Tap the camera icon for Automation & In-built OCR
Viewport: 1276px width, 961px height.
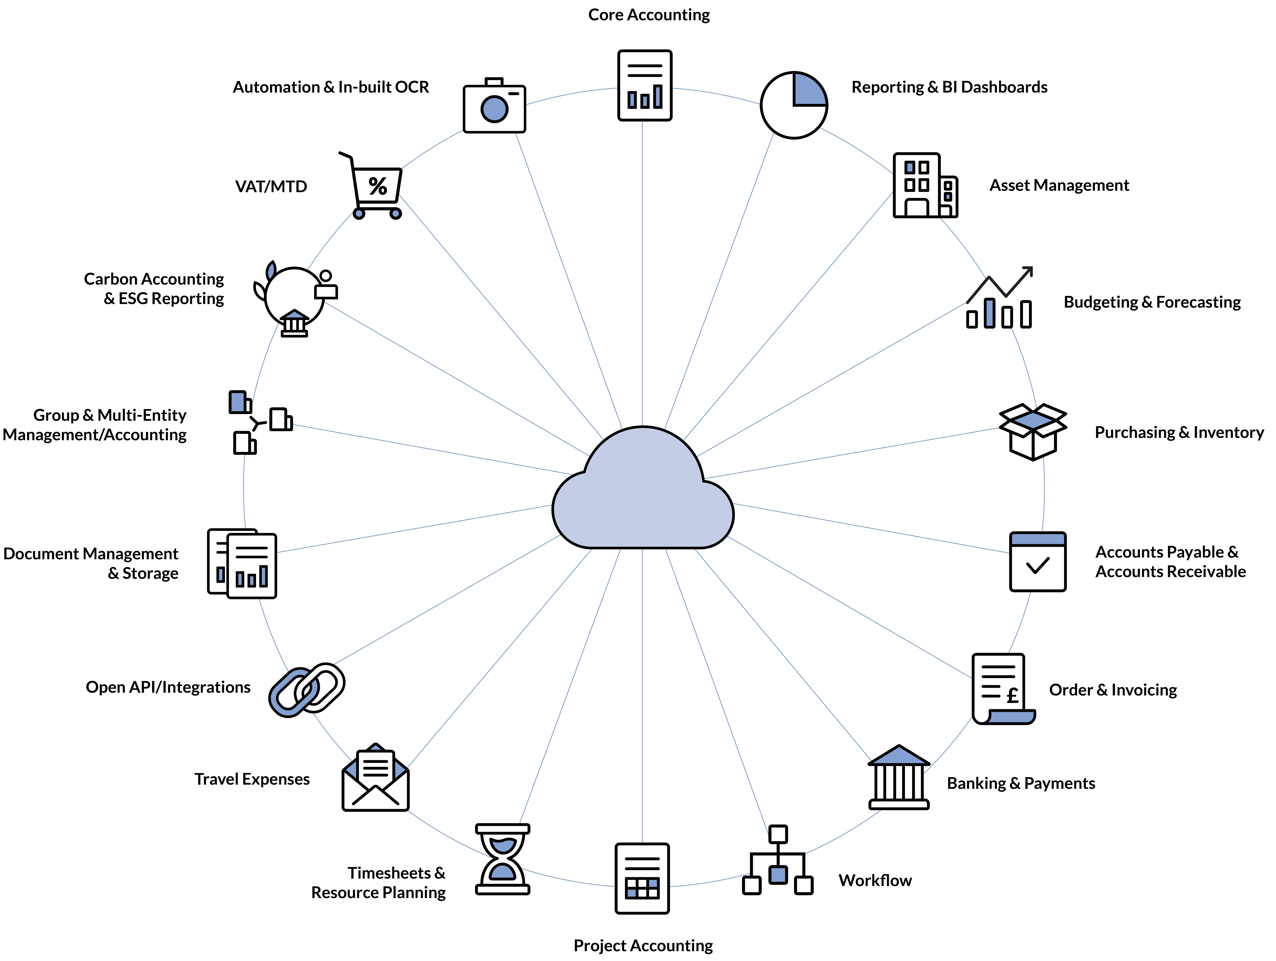pos(494,107)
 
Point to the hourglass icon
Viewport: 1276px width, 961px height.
pos(502,859)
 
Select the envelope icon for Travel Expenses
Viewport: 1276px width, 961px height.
pos(376,778)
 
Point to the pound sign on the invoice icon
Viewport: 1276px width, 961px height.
pos(1012,696)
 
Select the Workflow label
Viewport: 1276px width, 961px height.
pos(875,880)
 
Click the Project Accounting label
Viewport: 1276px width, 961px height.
pos(643,945)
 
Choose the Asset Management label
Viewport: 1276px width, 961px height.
pos(1059,185)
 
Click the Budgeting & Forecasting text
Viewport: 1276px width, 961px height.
pos(1152,302)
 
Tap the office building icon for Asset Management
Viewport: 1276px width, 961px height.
pos(925,186)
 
